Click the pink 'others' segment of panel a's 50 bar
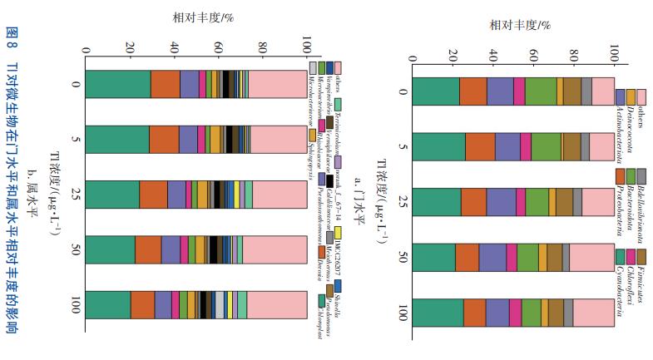click(591, 258)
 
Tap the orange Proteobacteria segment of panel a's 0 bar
click(472, 91)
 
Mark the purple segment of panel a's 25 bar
click(501, 202)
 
